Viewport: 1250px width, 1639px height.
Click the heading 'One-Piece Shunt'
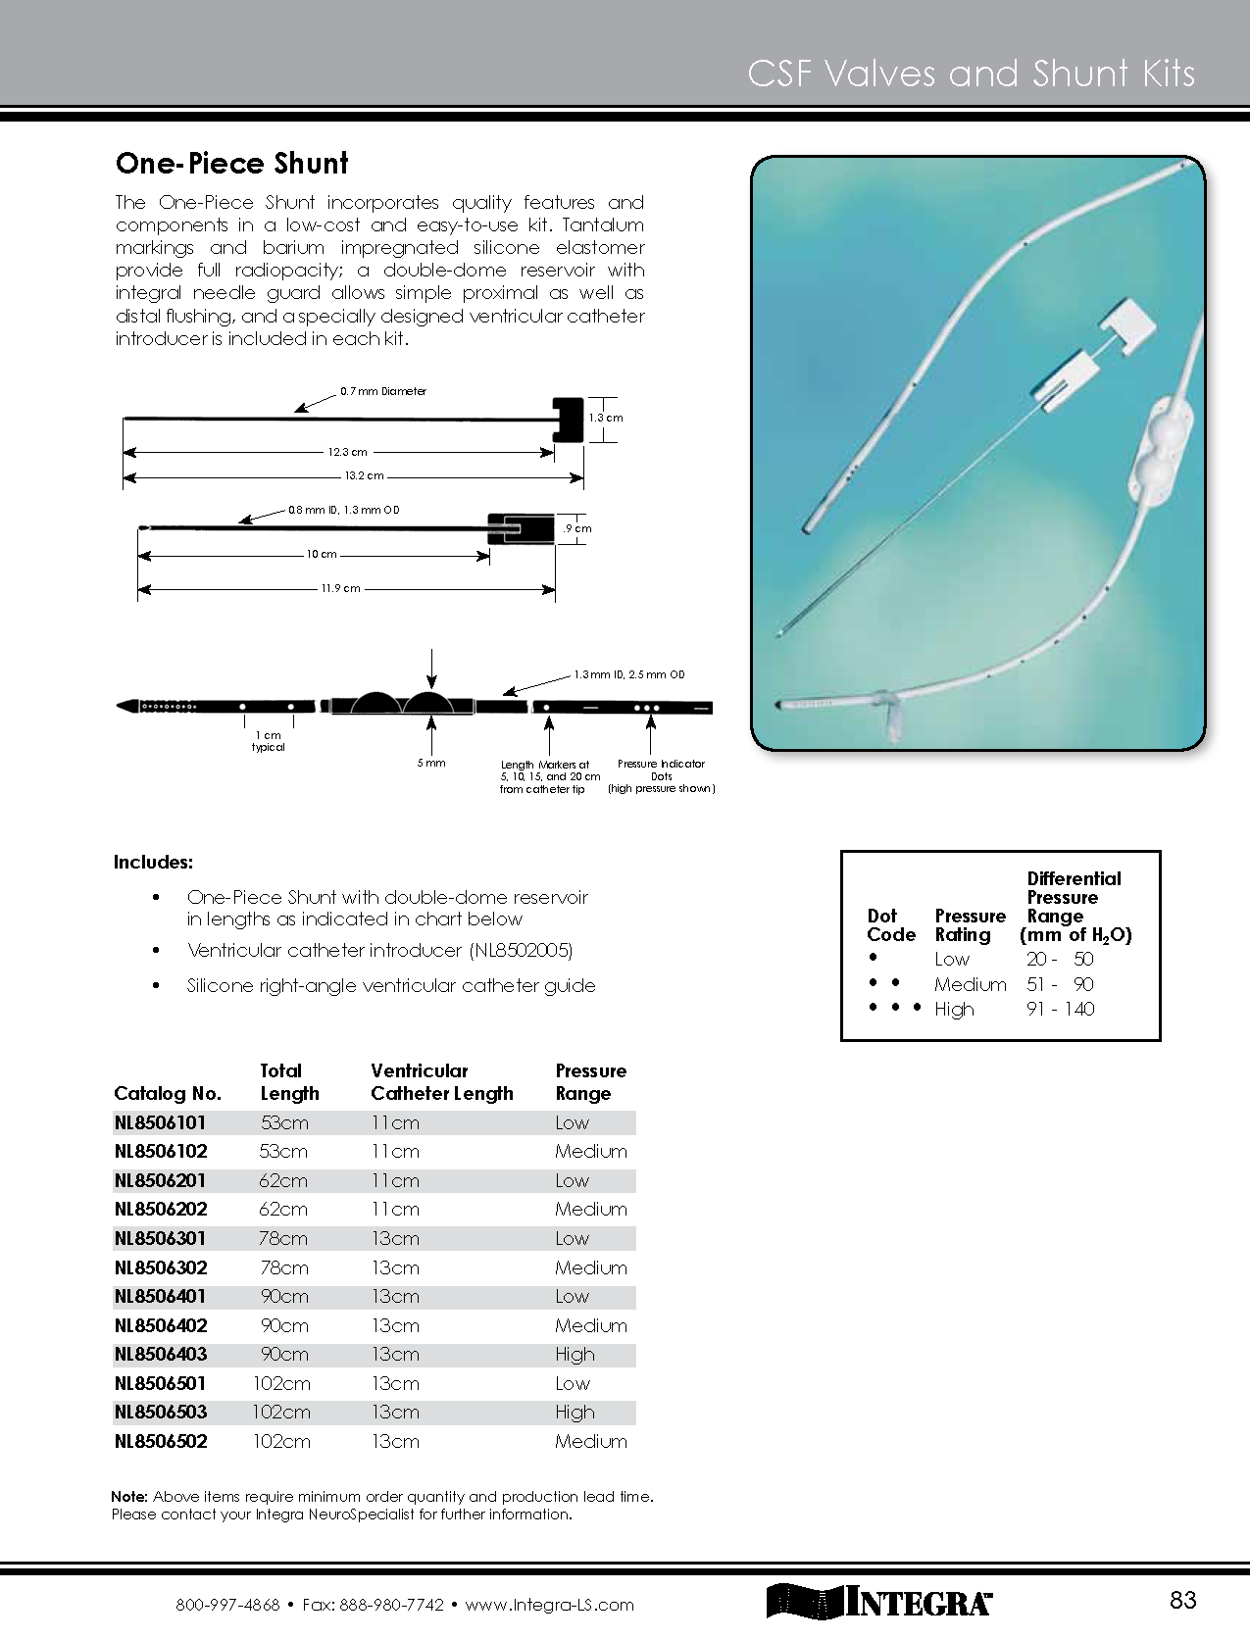coord(231,164)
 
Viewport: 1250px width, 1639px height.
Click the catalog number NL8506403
coord(161,1354)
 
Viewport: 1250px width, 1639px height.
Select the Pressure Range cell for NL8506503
coord(575,1412)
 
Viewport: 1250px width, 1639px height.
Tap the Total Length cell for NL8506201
coord(283,1180)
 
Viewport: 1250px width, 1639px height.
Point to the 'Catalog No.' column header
coord(168,1093)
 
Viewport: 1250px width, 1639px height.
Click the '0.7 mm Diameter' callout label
coord(383,391)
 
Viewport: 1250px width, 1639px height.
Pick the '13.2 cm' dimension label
coord(364,476)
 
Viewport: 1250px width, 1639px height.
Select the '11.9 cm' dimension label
coord(339,588)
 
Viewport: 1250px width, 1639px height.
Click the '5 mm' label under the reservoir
coord(430,763)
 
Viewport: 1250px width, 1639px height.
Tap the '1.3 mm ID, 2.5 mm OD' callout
coord(628,674)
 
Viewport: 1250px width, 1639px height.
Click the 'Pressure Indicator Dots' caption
coord(661,770)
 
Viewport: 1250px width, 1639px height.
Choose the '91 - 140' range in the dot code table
coord(1060,1009)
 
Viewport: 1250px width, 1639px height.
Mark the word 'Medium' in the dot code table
coord(970,984)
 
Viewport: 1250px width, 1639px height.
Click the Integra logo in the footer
coord(878,1601)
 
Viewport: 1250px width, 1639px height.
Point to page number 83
coord(1183,1600)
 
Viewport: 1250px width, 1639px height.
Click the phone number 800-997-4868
coord(227,1606)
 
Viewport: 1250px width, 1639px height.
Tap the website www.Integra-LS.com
coord(549,1606)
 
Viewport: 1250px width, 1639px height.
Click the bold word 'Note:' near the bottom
coord(129,1497)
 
